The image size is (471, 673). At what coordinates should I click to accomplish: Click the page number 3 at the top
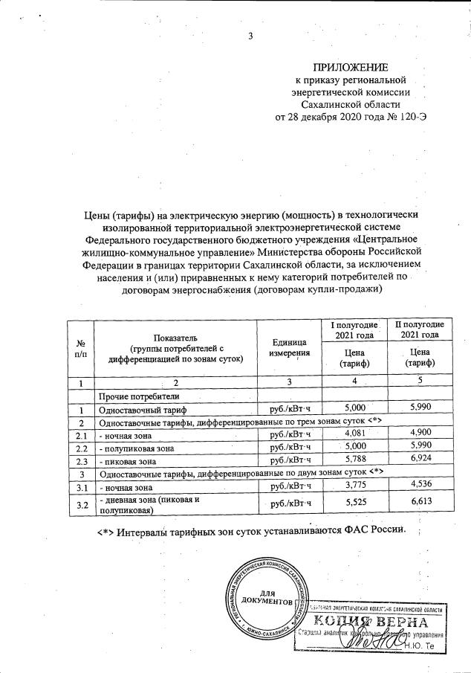coord(250,37)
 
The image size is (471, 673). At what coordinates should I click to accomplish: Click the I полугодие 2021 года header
coord(354,331)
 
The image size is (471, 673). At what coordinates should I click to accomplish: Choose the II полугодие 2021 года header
coord(418,331)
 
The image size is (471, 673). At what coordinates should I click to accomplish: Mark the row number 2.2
coord(82,448)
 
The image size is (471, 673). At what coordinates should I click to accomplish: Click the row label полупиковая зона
coord(138,448)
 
